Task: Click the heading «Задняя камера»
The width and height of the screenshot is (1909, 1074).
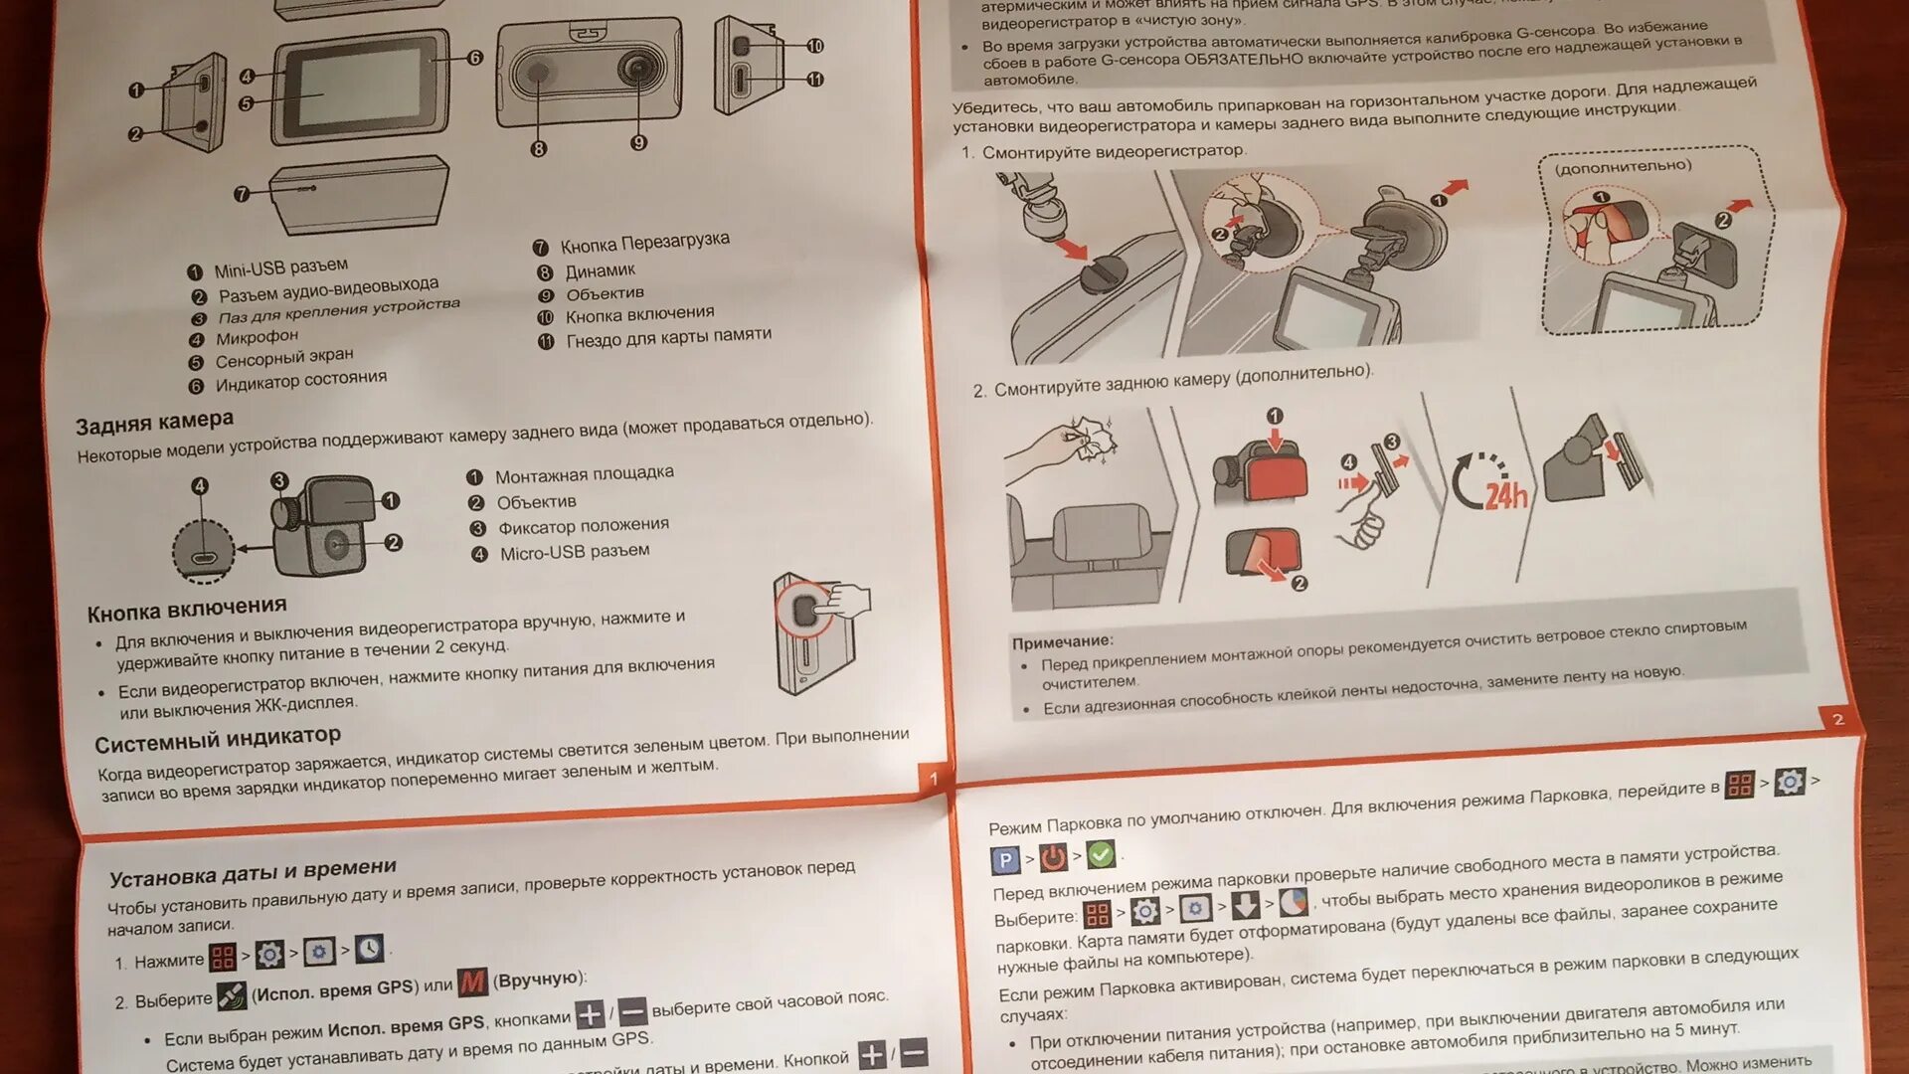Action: (154, 423)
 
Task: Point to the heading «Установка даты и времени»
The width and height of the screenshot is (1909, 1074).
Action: (253, 873)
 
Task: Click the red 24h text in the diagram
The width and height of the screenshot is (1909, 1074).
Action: (1505, 494)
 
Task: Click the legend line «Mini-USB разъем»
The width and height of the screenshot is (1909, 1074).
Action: (280, 268)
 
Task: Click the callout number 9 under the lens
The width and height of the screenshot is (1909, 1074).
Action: (638, 142)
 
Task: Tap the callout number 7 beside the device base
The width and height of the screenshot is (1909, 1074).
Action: (242, 194)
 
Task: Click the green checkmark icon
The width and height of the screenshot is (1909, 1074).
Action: (1101, 854)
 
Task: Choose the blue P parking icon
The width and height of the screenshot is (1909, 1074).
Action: (1005, 860)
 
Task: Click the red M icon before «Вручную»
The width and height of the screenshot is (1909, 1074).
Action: (472, 983)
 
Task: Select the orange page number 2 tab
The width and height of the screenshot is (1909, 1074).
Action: (1837, 719)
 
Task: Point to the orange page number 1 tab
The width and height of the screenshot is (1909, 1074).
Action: (933, 778)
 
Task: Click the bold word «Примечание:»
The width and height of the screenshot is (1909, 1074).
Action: (1062, 641)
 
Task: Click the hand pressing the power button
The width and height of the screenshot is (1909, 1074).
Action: (846, 601)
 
